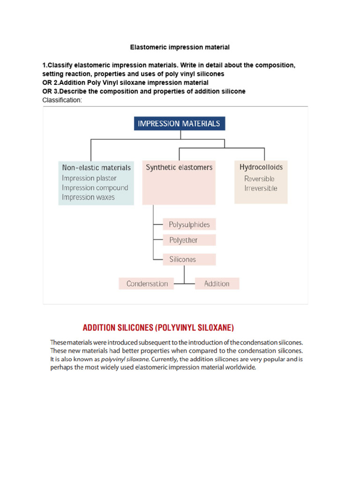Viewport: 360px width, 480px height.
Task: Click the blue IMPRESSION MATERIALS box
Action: [x=179, y=124]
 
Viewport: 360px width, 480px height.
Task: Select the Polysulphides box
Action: [x=189, y=225]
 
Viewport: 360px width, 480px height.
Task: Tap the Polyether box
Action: [x=189, y=240]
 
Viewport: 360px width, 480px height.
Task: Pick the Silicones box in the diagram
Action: [x=189, y=259]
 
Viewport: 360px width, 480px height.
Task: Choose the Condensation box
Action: [x=147, y=284]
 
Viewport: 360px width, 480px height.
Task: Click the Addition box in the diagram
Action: [x=217, y=284]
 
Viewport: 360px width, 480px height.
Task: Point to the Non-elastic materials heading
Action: [x=96, y=167]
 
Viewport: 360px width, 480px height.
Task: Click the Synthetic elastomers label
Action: [x=179, y=167]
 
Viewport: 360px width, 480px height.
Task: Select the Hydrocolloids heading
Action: [x=261, y=167]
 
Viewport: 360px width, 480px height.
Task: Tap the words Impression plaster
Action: [x=89, y=178]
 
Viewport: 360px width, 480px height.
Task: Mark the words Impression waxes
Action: [x=88, y=197]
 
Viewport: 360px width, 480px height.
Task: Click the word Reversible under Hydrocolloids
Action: [x=259, y=179]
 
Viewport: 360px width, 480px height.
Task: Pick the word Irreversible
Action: [x=261, y=188]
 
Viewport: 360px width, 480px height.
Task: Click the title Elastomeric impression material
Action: [x=180, y=47]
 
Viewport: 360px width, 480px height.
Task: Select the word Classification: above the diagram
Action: [x=62, y=100]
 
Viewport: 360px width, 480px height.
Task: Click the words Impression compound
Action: [x=95, y=187]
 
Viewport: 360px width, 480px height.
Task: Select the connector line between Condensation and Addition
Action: [x=183, y=284]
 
